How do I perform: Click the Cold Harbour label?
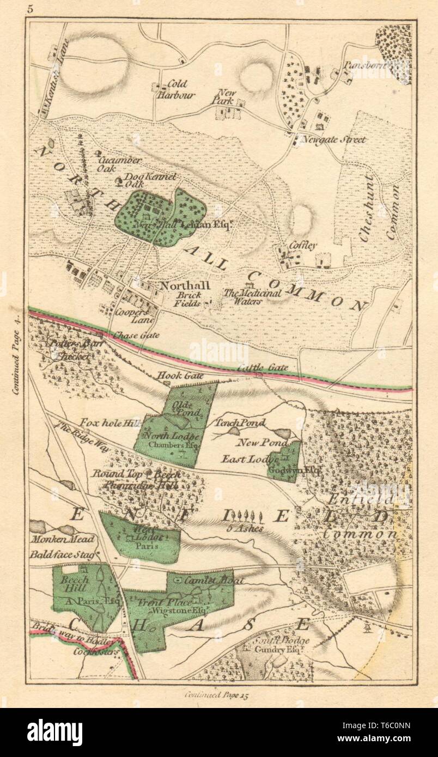pyautogui.click(x=173, y=89)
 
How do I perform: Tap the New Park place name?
pyautogui.click(x=226, y=97)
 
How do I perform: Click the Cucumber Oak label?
pyautogui.click(x=112, y=164)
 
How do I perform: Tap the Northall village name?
pyautogui.click(x=178, y=286)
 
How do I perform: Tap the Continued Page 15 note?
pyautogui.click(x=218, y=694)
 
